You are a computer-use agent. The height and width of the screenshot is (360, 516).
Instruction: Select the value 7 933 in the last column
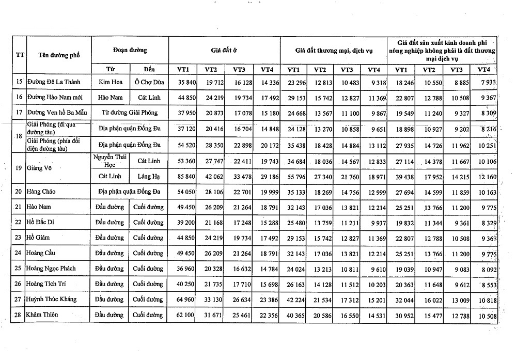[x=483, y=82]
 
